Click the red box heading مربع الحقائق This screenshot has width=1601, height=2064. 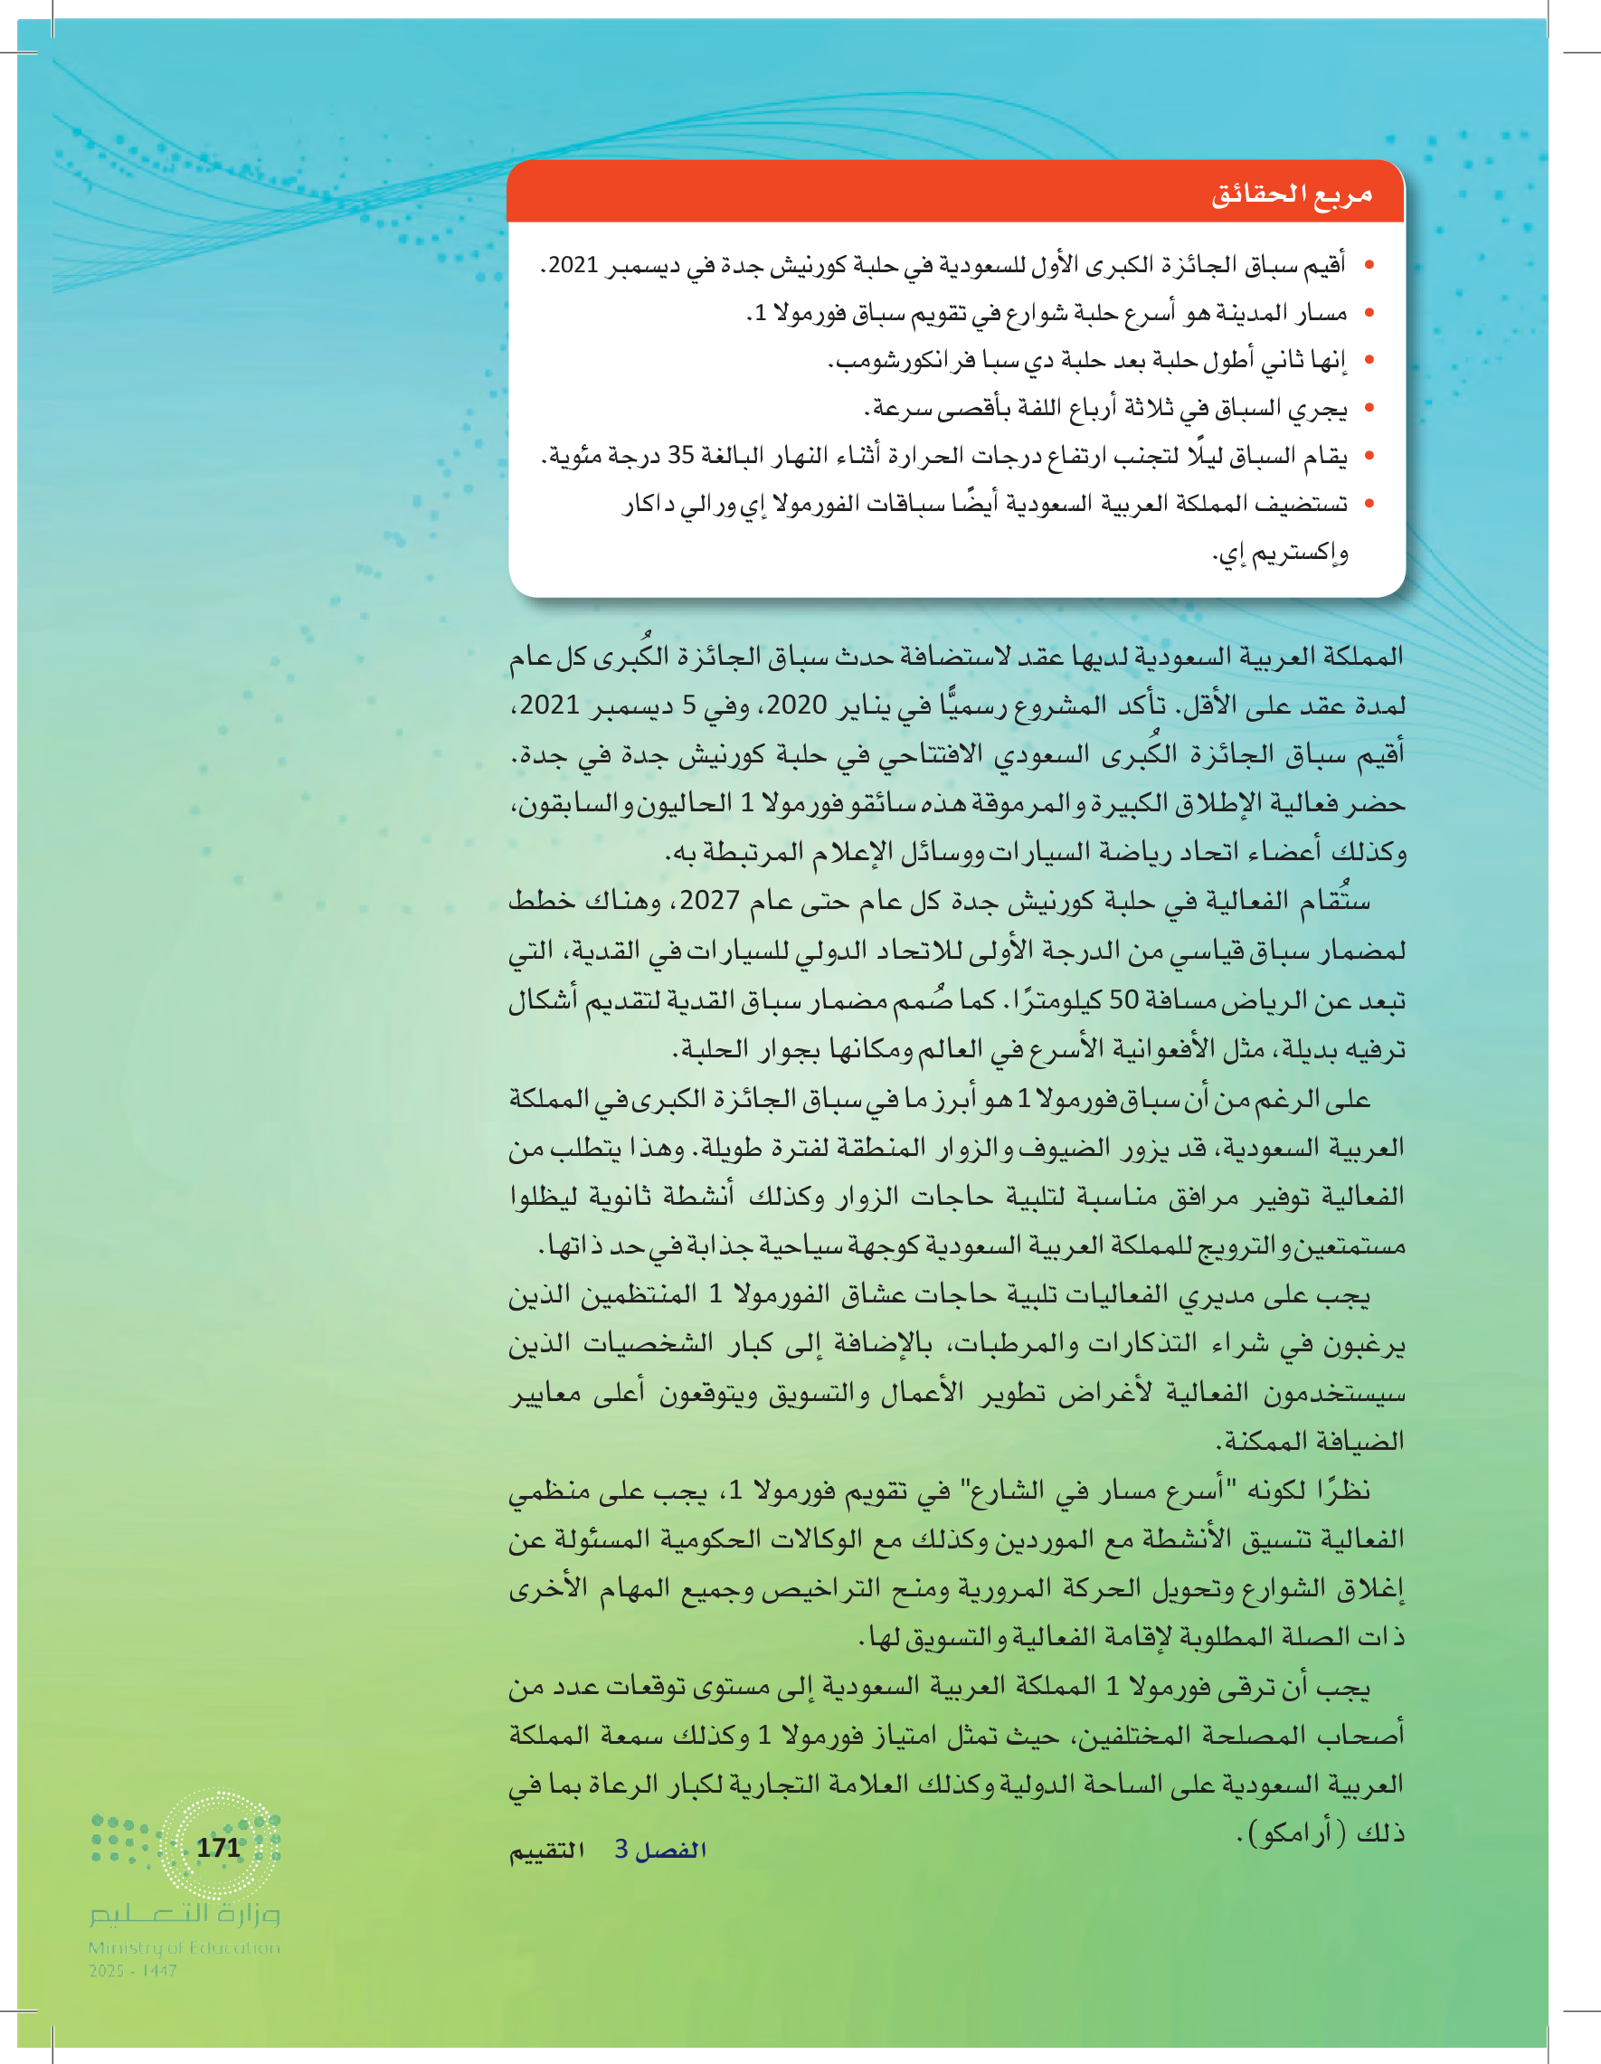(x=1291, y=195)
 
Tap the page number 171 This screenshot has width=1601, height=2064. (x=218, y=1847)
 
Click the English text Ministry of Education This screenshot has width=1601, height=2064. (x=185, y=1947)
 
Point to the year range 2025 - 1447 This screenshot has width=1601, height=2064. (x=132, y=1972)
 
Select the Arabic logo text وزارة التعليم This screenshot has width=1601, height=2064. (x=185, y=1915)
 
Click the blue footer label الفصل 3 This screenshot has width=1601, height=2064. (x=660, y=1850)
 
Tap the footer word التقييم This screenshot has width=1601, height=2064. (x=547, y=1851)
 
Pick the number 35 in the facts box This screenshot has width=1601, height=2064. (x=680, y=456)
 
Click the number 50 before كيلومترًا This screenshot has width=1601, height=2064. (x=1123, y=999)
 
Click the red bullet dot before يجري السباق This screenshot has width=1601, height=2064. (x=1369, y=409)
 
